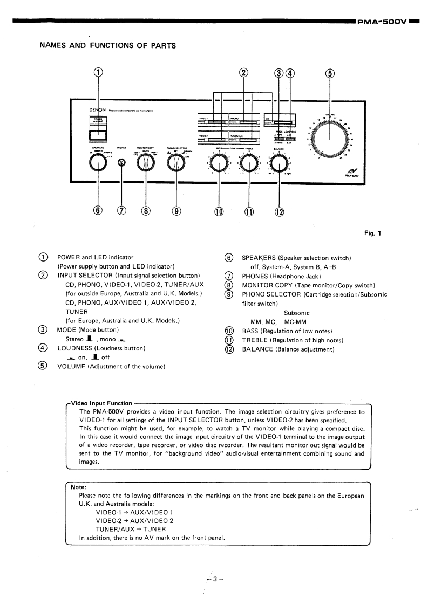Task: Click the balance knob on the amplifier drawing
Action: [280, 162]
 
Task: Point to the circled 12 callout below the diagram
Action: [280, 212]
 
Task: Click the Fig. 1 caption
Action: [372, 234]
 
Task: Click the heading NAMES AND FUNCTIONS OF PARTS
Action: [108, 45]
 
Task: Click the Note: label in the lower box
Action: [79, 486]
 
